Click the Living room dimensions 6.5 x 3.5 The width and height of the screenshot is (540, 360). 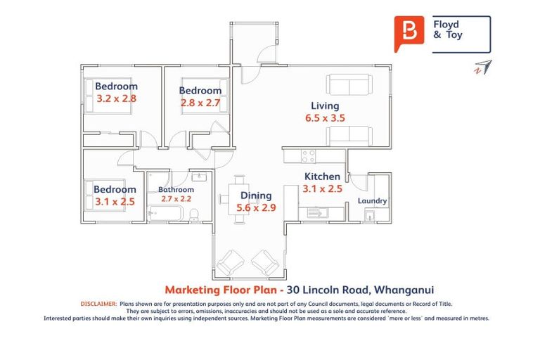325,118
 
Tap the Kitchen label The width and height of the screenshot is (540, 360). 322,176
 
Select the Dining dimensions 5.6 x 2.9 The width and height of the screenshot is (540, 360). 255,207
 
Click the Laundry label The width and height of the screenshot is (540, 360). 372,201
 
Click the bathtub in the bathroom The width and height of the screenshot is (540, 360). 166,213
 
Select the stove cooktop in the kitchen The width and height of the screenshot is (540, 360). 309,156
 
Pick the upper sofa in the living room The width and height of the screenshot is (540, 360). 349,86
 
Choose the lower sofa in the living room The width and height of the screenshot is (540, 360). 349,134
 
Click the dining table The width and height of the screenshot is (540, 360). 240,198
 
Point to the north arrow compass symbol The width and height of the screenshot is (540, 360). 482,67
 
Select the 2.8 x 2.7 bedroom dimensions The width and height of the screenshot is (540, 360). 200,103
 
